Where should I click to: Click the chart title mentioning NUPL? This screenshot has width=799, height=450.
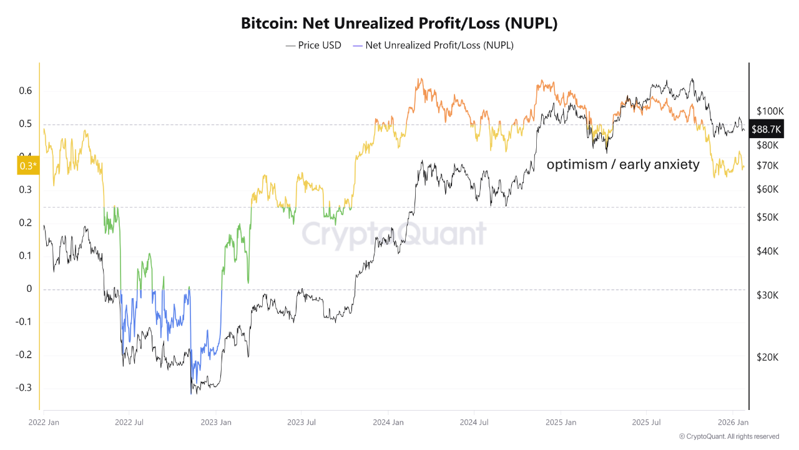tap(399, 24)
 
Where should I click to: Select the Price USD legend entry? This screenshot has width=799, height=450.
tap(313, 45)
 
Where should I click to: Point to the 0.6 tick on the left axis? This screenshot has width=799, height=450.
tap(24, 91)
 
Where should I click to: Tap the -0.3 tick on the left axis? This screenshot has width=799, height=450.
tap(23, 387)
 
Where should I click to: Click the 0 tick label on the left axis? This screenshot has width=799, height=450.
tap(29, 289)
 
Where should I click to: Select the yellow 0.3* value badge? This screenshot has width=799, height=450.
tap(26, 165)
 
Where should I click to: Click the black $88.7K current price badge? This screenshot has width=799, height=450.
tap(766, 129)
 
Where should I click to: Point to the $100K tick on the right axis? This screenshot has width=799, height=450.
tap(769, 111)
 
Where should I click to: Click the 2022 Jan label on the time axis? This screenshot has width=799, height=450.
tap(44, 422)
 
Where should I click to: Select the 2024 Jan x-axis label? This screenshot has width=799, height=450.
tap(388, 422)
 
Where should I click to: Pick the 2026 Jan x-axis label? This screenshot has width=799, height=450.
tap(733, 422)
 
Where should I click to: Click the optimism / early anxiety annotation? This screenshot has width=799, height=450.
tap(623, 165)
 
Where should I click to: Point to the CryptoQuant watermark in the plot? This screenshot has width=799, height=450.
tap(394, 234)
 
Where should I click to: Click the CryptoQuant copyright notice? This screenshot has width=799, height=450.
tap(728, 436)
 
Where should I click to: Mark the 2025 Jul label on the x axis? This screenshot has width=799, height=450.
tap(646, 422)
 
